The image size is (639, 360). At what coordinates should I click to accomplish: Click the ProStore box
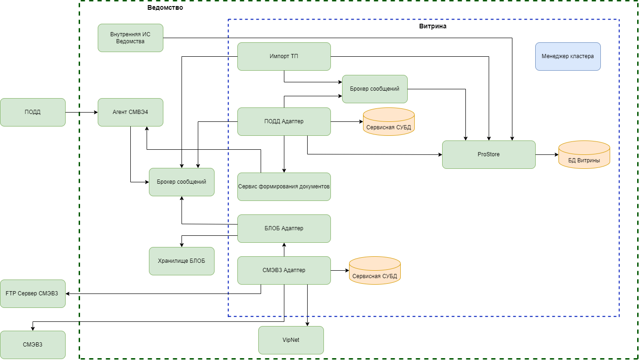[x=489, y=154]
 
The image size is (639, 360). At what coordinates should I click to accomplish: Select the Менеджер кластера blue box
[x=568, y=56]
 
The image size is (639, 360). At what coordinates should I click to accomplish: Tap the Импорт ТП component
[x=284, y=56]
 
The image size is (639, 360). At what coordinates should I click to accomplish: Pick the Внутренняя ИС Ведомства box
[x=130, y=38]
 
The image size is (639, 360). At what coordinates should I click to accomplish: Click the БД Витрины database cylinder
[x=584, y=155]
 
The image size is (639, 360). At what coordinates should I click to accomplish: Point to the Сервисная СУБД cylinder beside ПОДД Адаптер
[x=389, y=122]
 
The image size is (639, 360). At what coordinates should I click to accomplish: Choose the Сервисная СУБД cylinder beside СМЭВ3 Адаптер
[x=375, y=271]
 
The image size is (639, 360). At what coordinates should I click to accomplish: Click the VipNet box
[x=291, y=340]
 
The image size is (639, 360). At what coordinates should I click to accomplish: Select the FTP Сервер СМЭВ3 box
[x=33, y=293]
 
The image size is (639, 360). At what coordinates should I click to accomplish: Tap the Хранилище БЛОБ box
[x=182, y=261]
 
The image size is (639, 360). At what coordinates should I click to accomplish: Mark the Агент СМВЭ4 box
[x=130, y=112]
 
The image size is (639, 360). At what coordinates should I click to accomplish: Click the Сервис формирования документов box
[x=284, y=187]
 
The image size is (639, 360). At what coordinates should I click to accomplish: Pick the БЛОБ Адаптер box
[x=284, y=228]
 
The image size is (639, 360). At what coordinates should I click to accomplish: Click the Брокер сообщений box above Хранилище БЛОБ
[x=182, y=182]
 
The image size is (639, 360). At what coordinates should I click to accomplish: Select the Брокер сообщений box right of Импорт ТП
[x=375, y=89]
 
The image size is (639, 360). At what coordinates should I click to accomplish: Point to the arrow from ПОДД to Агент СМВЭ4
[x=81, y=112]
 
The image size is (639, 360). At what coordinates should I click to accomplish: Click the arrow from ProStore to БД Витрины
[x=547, y=154]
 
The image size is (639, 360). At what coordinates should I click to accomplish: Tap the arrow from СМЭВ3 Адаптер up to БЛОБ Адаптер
[x=284, y=249]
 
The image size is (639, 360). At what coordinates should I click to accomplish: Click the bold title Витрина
[x=433, y=27]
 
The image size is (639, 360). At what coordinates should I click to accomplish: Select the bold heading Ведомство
[x=165, y=7]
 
